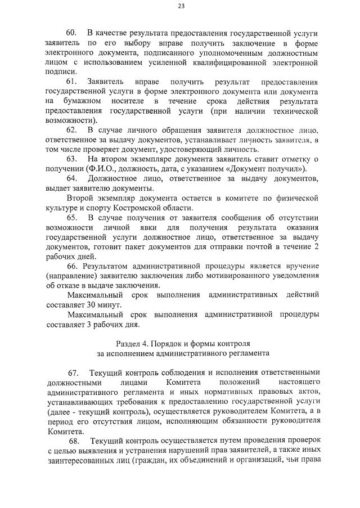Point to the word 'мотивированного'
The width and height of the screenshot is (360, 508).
point(232,275)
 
